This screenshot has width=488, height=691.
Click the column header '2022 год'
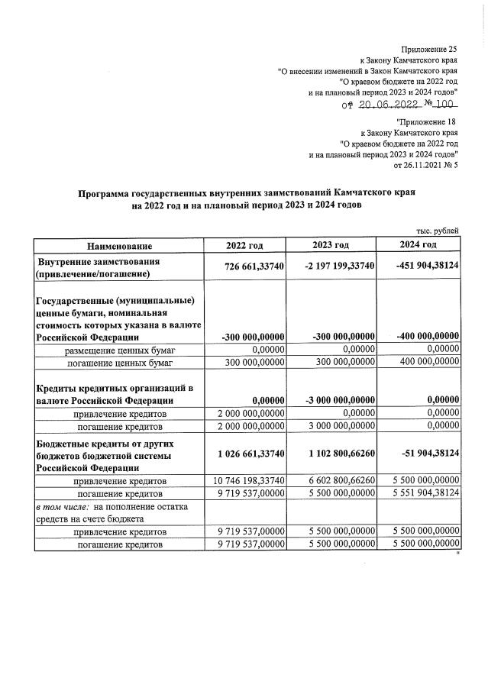point(244,245)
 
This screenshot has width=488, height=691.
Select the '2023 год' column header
point(331,244)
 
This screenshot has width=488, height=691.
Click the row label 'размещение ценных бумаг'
point(118,349)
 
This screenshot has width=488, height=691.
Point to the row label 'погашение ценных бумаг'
point(118,362)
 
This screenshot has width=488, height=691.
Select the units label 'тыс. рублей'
point(436,231)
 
